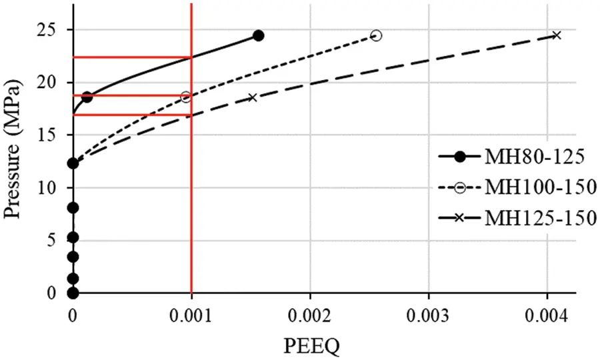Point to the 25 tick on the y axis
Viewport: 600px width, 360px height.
pyautogui.click(x=51, y=30)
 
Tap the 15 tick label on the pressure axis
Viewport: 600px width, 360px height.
pyautogui.click(x=51, y=135)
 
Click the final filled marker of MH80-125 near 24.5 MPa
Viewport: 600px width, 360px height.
pyautogui.click(x=259, y=35)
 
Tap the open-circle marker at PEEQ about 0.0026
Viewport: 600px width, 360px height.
pyautogui.click(x=376, y=35)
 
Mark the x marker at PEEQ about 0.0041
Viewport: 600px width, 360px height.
pyautogui.click(x=557, y=35)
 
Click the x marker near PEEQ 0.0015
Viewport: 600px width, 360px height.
pyautogui.click(x=252, y=97)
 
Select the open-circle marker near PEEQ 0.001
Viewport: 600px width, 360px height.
pyautogui.click(x=186, y=97)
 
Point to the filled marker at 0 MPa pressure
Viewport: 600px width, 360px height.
pyautogui.click(x=73, y=293)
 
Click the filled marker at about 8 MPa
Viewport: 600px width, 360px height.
pyautogui.click(x=73, y=208)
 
